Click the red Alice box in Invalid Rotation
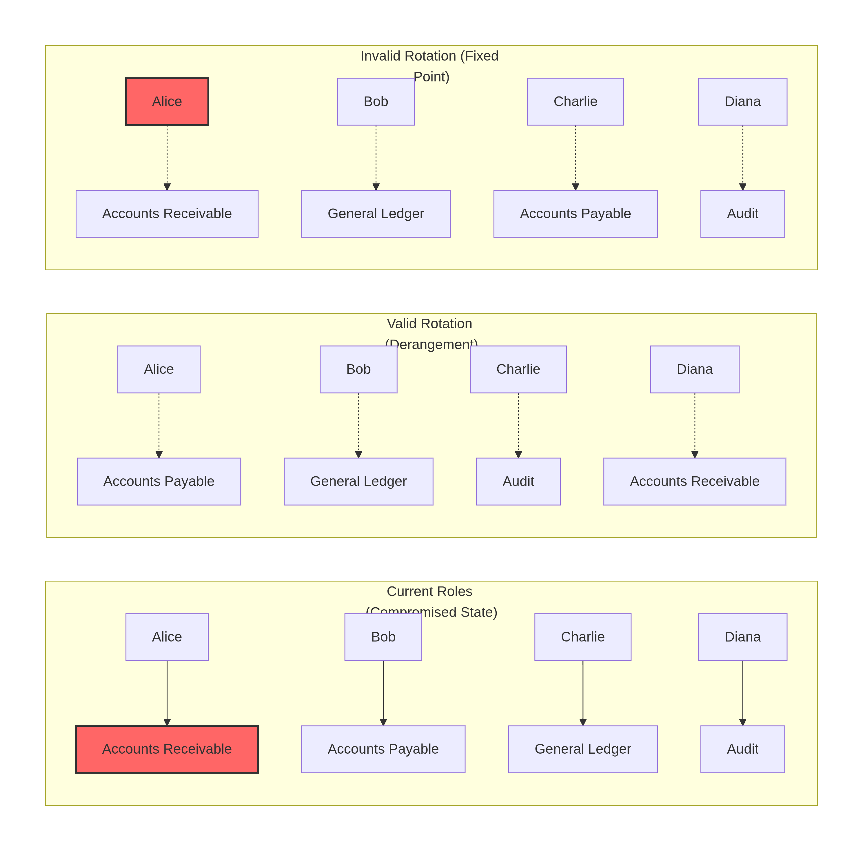[167, 101]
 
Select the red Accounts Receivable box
[167, 749]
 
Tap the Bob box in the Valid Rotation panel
[358, 369]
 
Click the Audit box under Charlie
[518, 481]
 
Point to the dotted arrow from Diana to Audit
[742, 156]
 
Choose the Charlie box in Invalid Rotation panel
[575, 101]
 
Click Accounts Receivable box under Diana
[695, 481]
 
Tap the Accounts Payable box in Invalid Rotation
[575, 214]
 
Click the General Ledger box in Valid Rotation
[358, 481]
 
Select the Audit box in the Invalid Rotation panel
[742, 214]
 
